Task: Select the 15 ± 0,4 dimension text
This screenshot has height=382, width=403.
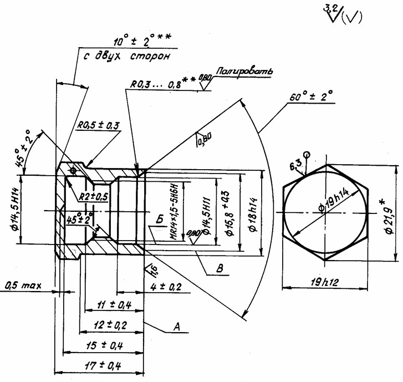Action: [103, 345]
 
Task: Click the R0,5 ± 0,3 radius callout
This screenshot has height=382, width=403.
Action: [98, 126]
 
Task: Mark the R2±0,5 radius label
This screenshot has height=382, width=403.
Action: [93, 196]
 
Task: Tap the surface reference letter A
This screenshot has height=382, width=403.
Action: [178, 328]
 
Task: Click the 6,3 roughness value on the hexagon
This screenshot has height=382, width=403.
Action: [295, 165]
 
